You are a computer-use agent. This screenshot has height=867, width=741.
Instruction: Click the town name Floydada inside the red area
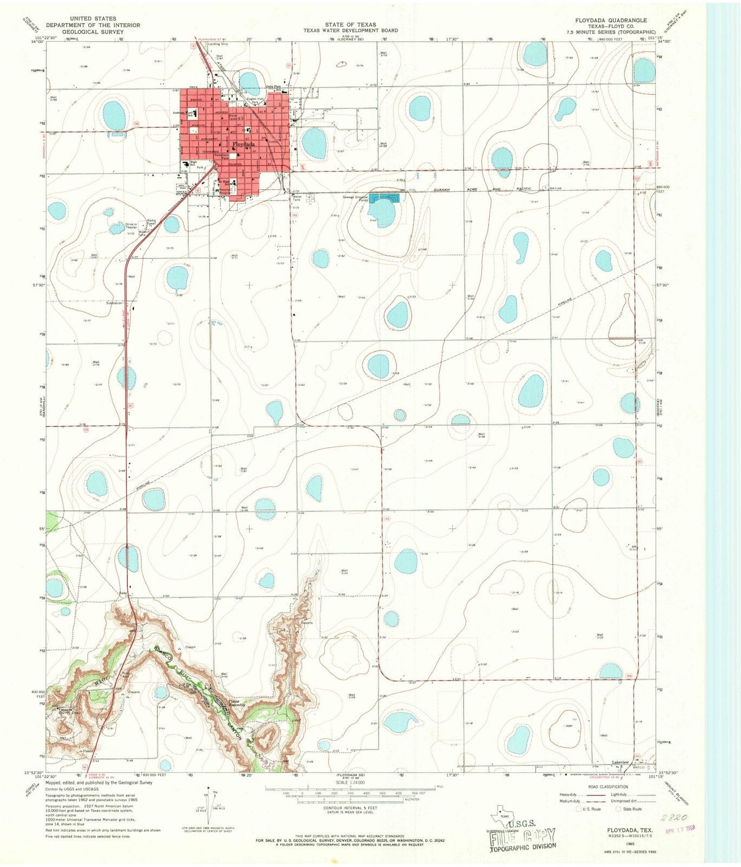tap(244, 145)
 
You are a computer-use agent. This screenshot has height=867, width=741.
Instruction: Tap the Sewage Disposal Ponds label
tap(355, 198)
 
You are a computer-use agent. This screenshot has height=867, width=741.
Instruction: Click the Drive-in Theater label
tap(131, 226)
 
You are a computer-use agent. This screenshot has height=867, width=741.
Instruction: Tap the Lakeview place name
tap(620, 762)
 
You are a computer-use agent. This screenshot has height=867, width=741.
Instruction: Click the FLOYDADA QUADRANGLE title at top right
tap(611, 20)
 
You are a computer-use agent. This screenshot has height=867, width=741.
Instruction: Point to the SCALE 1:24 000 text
tap(350, 782)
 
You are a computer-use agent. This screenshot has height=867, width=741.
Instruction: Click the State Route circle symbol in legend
tap(619, 808)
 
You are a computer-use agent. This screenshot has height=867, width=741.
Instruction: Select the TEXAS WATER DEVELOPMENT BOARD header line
tap(351, 30)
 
